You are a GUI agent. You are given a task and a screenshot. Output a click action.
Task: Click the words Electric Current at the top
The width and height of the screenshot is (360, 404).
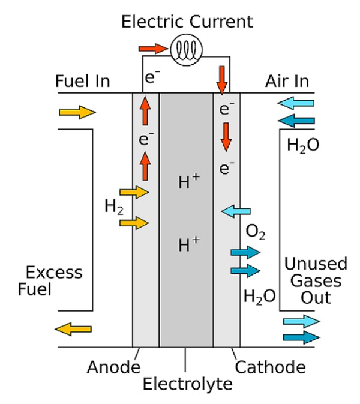(x=187, y=22)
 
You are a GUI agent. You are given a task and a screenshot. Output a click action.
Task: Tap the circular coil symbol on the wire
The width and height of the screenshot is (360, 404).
(x=186, y=50)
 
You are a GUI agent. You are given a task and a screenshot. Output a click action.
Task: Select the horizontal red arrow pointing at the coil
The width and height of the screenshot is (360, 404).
(x=153, y=49)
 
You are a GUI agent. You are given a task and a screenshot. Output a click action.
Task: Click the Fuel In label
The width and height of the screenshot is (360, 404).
(x=83, y=81)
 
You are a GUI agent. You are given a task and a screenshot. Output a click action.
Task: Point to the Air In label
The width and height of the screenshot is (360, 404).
(x=287, y=81)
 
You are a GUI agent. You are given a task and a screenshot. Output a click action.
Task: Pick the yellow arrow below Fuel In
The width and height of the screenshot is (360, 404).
(x=77, y=112)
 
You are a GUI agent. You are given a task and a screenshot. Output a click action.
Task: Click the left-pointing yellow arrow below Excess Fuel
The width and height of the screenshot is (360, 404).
(x=73, y=329)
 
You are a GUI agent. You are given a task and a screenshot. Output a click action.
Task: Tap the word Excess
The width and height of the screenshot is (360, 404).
(x=54, y=273)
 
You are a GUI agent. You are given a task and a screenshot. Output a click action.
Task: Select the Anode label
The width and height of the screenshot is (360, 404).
(x=113, y=367)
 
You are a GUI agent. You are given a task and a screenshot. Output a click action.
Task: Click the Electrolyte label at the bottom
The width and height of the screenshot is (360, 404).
(x=187, y=384)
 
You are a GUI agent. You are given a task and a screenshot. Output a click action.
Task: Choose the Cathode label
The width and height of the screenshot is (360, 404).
(x=270, y=367)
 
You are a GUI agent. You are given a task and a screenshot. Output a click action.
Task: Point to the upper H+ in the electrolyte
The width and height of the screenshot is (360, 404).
(x=189, y=181)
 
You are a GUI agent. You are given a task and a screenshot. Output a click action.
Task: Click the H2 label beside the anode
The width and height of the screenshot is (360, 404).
(x=114, y=207)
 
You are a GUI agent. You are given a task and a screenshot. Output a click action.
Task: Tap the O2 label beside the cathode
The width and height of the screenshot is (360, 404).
(x=256, y=232)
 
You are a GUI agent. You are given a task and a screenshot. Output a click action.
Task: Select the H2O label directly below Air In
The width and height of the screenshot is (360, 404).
(x=303, y=145)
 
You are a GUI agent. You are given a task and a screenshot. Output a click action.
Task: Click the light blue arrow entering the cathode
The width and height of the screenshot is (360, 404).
(x=236, y=211)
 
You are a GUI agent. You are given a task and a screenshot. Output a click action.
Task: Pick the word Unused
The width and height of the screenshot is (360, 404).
(x=316, y=264)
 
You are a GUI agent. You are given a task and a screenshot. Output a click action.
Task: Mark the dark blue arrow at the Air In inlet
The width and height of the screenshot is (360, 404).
(x=296, y=121)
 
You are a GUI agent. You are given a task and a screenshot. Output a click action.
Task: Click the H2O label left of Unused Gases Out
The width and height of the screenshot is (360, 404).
(x=260, y=297)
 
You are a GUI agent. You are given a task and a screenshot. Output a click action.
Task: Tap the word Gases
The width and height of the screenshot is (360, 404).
(x=316, y=280)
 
